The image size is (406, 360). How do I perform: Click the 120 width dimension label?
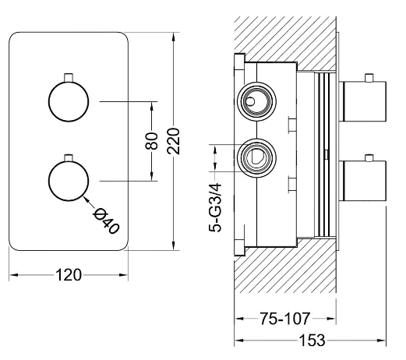click(x=69, y=275)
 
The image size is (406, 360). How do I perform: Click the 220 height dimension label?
click(x=174, y=141)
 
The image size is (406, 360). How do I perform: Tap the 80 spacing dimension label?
click(x=152, y=141)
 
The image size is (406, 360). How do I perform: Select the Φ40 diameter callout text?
click(x=106, y=221)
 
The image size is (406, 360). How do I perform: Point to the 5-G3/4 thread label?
click(x=215, y=207)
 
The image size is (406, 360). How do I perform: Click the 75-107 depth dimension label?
click(x=285, y=319)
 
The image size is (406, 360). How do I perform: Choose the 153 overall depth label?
click(x=312, y=340)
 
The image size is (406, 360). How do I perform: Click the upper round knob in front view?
click(x=69, y=101)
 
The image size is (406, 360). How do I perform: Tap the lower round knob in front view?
click(x=69, y=181)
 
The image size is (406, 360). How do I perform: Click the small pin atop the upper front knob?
click(x=69, y=78)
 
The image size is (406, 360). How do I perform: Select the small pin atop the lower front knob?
click(x=69, y=157)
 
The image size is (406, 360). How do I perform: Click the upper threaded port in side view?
click(x=256, y=101)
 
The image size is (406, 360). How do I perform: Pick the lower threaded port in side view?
click(x=256, y=157)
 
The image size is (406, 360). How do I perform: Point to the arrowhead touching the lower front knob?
click(x=86, y=198)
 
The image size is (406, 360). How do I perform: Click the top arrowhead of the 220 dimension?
click(x=174, y=37)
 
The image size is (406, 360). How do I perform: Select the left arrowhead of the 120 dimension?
click(x=14, y=275)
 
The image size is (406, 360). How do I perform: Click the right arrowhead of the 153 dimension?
click(x=381, y=340)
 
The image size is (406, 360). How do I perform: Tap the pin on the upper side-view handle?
click(x=369, y=78)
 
